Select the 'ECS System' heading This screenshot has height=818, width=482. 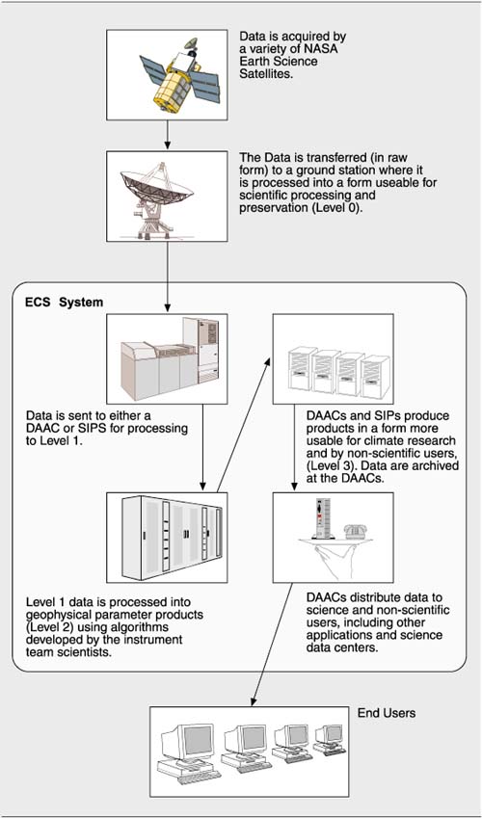tap(65, 303)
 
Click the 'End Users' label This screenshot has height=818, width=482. tap(387, 713)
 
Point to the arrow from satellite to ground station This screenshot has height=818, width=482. tap(167, 135)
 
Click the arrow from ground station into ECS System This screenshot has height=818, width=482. tap(167, 277)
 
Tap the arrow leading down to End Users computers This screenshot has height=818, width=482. tap(272, 644)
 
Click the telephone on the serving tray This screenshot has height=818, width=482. tap(355, 532)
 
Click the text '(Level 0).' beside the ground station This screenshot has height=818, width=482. tap(335, 210)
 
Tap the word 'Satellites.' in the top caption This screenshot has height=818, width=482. tap(267, 73)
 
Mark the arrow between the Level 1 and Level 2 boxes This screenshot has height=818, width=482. tap(202, 448)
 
